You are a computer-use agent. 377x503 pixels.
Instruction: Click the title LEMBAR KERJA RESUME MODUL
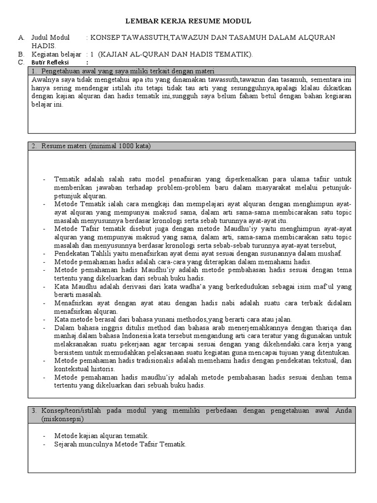coord(188,21)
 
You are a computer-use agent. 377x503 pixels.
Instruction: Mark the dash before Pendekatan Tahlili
coord(44,253)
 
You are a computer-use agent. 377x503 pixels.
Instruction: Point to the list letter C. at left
coord(21,62)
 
